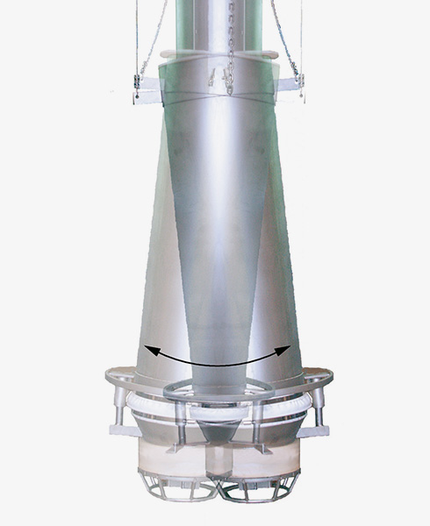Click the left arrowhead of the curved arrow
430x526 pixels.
pos(148,350)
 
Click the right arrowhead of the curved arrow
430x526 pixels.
pos(286,350)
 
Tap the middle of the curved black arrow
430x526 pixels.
pos(217,364)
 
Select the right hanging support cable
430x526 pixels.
pos(284,35)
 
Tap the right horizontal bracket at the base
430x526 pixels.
pos(313,429)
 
